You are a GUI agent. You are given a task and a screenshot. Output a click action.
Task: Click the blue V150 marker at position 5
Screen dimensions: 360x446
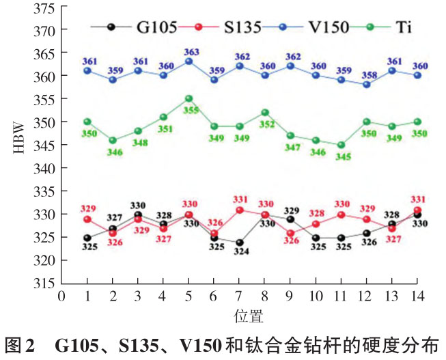pyautogui.click(x=189, y=61)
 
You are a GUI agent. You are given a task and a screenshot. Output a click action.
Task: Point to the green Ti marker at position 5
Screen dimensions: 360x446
pyautogui.click(x=189, y=98)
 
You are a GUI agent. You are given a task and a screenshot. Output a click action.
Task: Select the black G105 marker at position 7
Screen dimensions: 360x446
pyautogui.click(x=240, y=243)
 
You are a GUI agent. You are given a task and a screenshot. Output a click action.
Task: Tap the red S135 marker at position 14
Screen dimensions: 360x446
pyautogui.click(x=417, y=210)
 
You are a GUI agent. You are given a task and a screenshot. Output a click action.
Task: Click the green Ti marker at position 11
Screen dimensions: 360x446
pyautogui.click(x=342, y=145)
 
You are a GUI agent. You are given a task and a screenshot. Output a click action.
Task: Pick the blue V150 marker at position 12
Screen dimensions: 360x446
pyautogui.click(x=367, y=85)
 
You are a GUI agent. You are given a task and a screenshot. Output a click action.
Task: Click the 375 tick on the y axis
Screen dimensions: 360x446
pyautogui.click(x=43, y=8)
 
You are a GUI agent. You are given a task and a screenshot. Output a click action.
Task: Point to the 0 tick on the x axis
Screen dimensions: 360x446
pyautogui.click(x=61, y=296)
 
